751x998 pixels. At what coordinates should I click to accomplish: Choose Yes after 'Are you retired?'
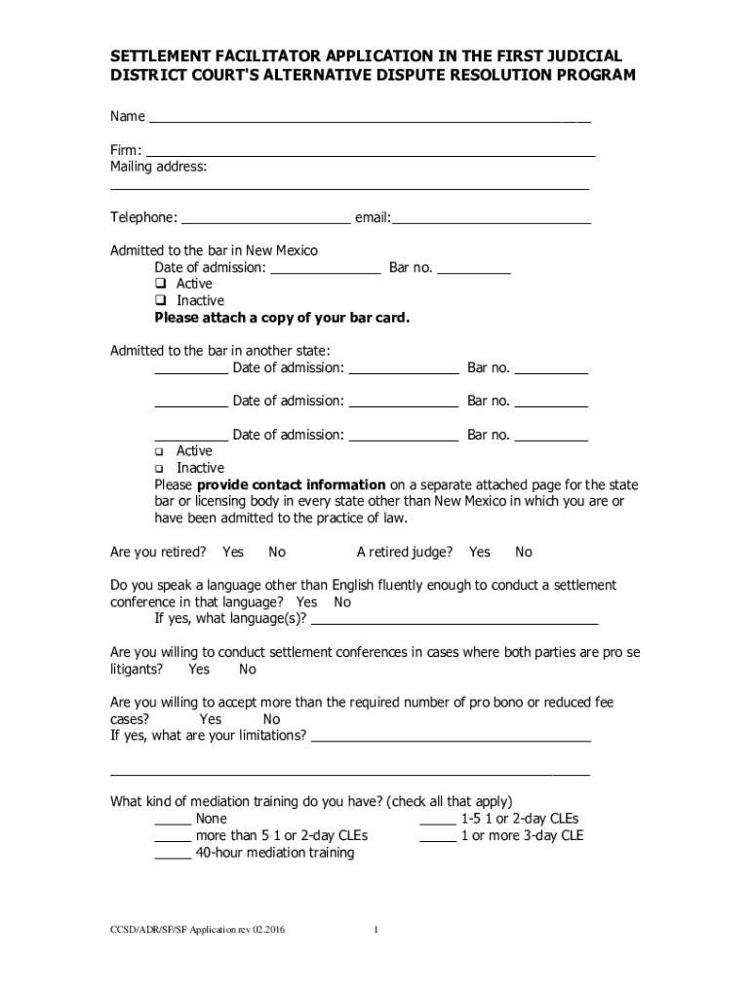(233, 553)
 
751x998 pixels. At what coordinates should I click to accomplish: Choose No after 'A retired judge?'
(524, 553)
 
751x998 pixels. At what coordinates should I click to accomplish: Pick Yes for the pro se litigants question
(199, 670)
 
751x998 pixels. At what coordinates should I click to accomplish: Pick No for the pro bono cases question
(271, 720)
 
